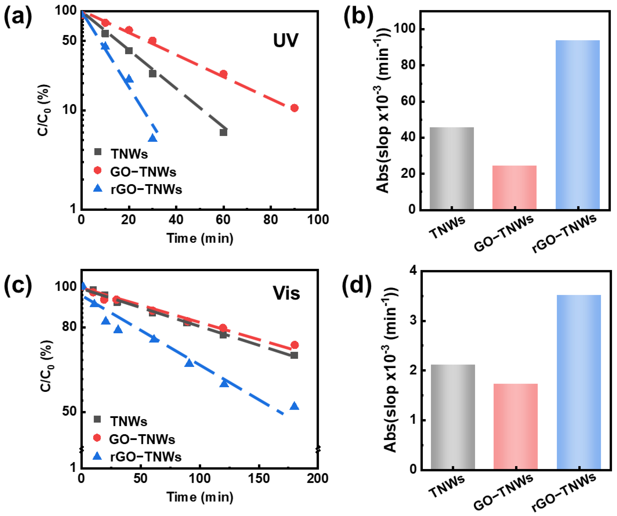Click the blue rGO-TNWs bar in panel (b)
(x=578, y=125)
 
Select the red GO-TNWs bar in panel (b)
(x=514, y=188)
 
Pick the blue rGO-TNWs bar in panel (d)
(x=579, y=382)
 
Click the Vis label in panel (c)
(x=286, y=293)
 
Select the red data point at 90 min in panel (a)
(x=294, y=108)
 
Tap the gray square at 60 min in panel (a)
(x=223, y=133)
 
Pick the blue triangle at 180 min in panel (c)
(x=294, y=406)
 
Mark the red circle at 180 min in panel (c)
(x=294, y=345)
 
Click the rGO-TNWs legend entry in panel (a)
(x=137, y=189)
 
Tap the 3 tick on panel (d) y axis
(x=413, y=320)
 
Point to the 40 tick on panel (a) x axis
(x=176, y=220)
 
